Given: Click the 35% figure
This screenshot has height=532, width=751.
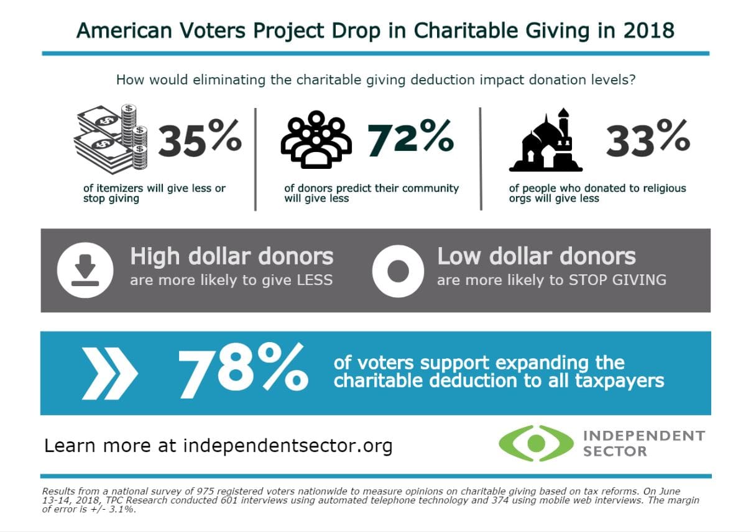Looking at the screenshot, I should pyautogui.click(x=199, y=141).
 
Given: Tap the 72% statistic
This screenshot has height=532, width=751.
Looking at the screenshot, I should pyautogui.click(x=410, y=139).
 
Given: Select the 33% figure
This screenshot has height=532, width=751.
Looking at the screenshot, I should pyautogui.click(x=647, y=141).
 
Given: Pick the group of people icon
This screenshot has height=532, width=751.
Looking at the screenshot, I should pyautogui.click(x=316, y=140).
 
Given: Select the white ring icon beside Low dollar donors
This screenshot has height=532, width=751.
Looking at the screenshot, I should pyautogui.click(x=398, y=271).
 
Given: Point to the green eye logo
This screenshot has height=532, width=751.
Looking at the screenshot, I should pyautogui.click(x=536, y=443).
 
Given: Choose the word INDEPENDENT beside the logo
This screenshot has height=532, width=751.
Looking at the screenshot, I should pyautogui.click(x=643, y=435).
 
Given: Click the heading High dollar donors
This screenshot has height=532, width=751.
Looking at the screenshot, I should pyautogui.click(x=231, y=256).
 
